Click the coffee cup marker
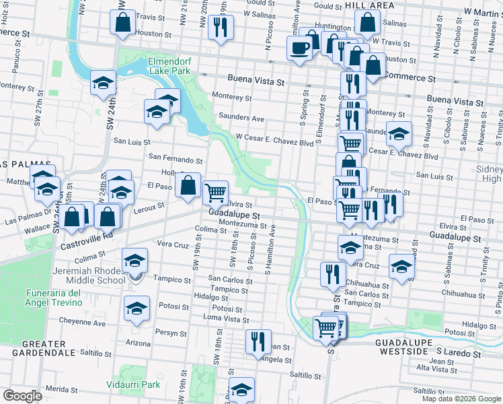click(x=299, y=48)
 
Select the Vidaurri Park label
click(x=133, y=384)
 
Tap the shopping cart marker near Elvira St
click(x=215, y=193)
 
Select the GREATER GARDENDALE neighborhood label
click(x=38, y=347)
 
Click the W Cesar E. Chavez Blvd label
click(x=274, y=143)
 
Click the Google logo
click(x=22, y=397)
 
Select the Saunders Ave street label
click(x=241, y=118)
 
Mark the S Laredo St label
click(x=459, y=353)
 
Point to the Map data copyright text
click(x=461, y=399)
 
